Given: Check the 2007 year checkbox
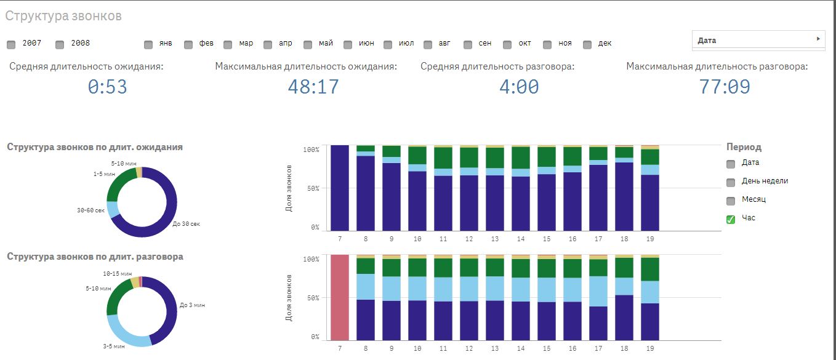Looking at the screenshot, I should click(x=11, y=44).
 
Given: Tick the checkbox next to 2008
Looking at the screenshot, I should click(x=60, y=44).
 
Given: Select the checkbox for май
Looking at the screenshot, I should click(x=308, y=44).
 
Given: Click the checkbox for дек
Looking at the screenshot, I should click(x=587, y=44).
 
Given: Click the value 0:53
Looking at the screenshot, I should click(x=107, y=87).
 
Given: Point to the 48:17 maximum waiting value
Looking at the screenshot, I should click(x=313, y=87).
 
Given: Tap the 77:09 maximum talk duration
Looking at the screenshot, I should click(x=724, y=87).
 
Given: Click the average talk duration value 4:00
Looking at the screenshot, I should click(x=518, y=87).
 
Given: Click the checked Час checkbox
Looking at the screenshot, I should click(x=731, y=219).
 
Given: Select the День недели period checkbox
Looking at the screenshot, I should click(x=731, y=182).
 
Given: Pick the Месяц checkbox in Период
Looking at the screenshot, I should click(x=731, y=201).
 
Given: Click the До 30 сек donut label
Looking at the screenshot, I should click(x=186, y=224).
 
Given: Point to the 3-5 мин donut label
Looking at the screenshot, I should click(x=114, y=346).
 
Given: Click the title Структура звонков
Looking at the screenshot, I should click(x=63, y=16).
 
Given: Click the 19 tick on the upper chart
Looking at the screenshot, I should click(x=650, y=239).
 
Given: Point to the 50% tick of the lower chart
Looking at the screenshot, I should click(x=311, y=298).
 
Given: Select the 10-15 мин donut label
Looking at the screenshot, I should click(x=117, y=273).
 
